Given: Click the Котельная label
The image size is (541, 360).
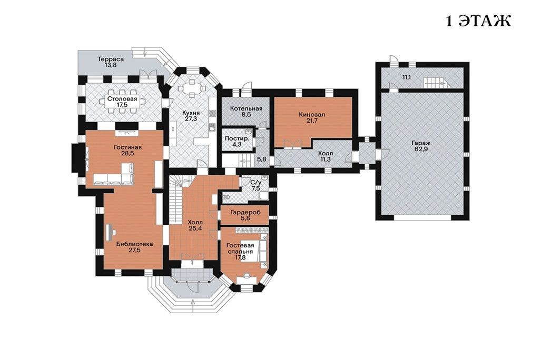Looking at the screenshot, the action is pyautogui.click(x=246, y=108).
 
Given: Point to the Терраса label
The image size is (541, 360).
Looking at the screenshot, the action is pyautogui.click(x=111, y=59).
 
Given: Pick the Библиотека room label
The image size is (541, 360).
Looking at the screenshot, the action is pyautogui.click(x=134, y=244).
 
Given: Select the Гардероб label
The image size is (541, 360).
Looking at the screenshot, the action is pyautogui.click(x=245, y=212).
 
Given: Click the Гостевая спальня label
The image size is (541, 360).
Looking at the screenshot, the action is pyautogui.click(x=240, y=248).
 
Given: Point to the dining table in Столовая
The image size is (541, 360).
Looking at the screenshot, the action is pyautogui.click(x=122, y=101).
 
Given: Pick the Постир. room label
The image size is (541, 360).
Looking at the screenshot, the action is pyautogui.click(x=237, y=138).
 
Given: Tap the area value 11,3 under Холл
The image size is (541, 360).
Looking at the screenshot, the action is pyautogui.click(x=326, y=159).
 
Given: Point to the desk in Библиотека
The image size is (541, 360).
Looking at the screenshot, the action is pyautogui.click(x=110, y=233).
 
